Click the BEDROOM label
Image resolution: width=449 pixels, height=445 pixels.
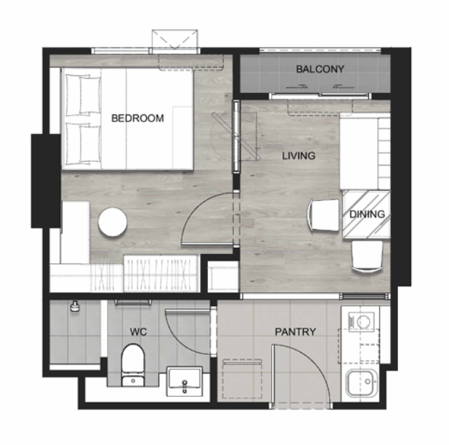(x=137, y=118)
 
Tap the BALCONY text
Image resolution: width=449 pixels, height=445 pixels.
(x=320, y=69)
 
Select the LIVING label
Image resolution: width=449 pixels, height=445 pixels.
(x=299, y=156)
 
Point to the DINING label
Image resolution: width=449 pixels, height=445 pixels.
(x=367, y=214)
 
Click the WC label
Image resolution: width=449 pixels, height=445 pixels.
(x=138, y=332)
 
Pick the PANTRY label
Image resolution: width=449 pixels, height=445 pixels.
(x=296, y=332)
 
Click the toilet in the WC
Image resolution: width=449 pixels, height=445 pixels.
(x=133, y=365)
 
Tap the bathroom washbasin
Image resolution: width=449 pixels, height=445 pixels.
(x=184, y=381)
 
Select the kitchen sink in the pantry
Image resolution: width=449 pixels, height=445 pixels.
(x=362, y=383)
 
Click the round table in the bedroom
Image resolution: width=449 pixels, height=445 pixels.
(x=112, y=222)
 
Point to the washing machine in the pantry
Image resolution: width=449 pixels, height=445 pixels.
(x=361, y=322)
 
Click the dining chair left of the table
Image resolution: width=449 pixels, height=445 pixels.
(x=324, y=215)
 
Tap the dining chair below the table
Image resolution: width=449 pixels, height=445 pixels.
(x=367, y=256)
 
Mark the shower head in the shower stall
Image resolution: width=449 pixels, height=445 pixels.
(x=75, y=306)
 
